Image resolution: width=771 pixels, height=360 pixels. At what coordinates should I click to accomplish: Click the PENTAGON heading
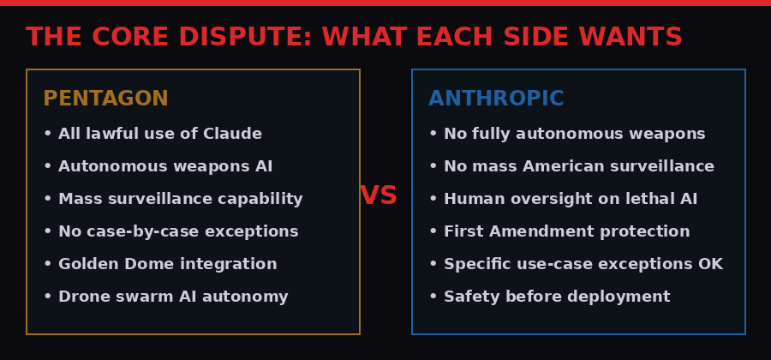pyautogui.click(x=105, y=99)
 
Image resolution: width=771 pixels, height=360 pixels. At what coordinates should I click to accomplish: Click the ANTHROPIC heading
pyautogui.click(x=496, y=99)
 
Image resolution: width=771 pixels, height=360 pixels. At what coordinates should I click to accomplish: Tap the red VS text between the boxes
pyautogui.click(x=379, y=195)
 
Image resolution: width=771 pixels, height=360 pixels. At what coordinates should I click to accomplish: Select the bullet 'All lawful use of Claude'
pyautogui.click(x=152, y=134)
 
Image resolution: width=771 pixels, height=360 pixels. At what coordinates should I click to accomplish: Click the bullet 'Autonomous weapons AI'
pyautogui.click(x=158, y=166)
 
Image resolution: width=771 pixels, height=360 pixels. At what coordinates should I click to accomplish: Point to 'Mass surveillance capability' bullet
pyautogui.click(x=172, y=199)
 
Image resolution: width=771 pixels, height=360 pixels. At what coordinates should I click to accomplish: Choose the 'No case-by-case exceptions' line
pyautogui.click(x=170, y=231)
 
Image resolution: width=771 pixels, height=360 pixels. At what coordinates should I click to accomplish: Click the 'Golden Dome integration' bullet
pyautogui.click(x=160, y=264)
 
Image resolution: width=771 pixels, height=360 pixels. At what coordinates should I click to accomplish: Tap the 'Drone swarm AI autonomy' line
pyautogui.click(x=165, y=297)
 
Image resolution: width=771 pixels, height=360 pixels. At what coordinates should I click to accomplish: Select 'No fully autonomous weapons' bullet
pyautogui.click(x=567, y=134)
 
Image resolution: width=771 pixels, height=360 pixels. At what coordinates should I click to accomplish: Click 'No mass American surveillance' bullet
pyautogui.click(x=571, y=166)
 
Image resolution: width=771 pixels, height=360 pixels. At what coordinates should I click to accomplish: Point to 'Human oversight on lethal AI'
pyautogui.click(x=563, y=199)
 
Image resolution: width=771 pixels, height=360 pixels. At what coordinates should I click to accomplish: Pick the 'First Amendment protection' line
pyautogui.click(x=559, y=231)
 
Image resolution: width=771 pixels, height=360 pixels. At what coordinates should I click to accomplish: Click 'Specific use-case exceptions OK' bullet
pyautogui.click(x=576, y=264)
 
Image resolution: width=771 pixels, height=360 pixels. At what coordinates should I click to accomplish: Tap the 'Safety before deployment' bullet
pyautogui.click(x=549, y=297)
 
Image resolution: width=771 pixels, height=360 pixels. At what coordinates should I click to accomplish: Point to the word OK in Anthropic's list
pyautogui.click(x=710, y=264)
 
